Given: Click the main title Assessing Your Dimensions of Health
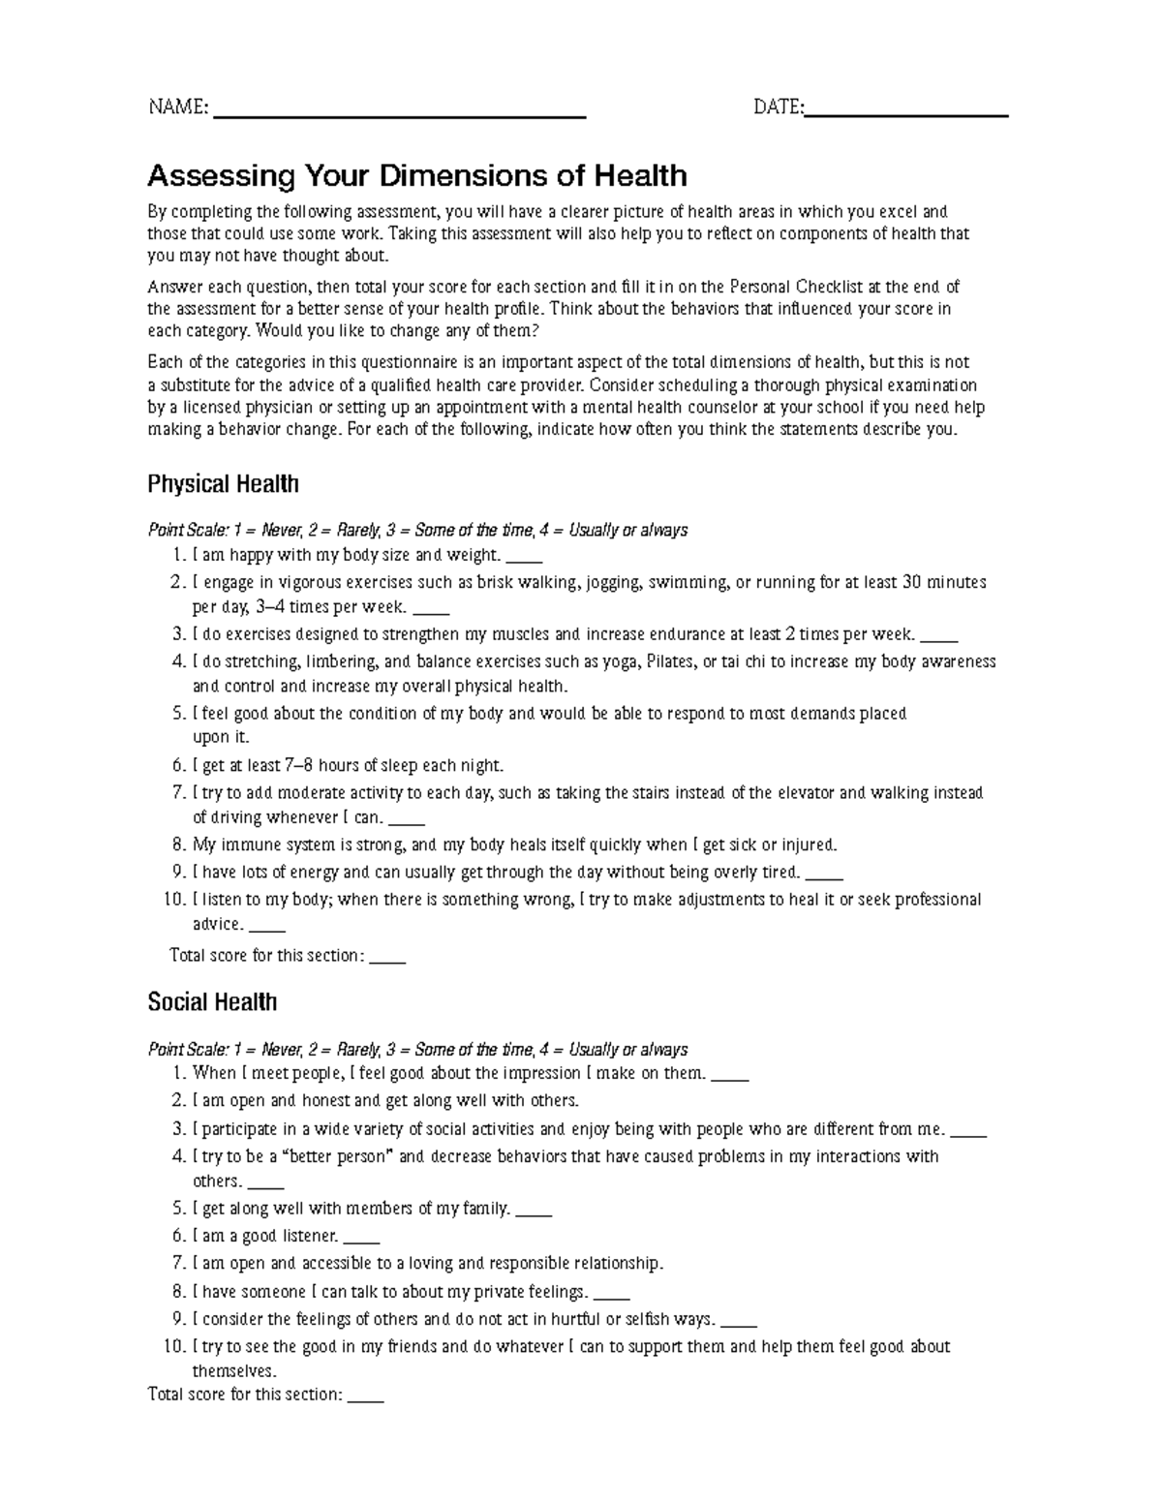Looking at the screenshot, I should (416, 176).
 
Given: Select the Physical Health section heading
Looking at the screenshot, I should (223, 484).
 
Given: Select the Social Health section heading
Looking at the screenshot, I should (212, 1002).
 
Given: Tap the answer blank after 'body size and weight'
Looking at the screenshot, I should (524, 559).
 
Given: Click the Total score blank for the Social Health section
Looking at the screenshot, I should (366, 1398).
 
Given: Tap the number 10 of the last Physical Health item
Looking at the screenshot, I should (174, 900).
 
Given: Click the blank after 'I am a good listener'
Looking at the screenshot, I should (361, 1239).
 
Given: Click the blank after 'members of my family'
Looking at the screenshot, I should (535, 1212).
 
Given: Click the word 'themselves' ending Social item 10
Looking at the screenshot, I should (233, 1371).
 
